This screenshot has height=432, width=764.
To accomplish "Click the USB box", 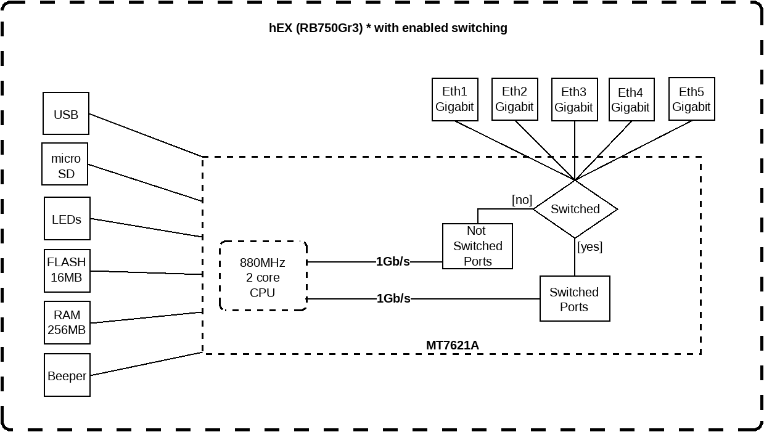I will click(x=66, y=114).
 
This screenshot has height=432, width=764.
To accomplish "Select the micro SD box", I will click(x=65, y=165).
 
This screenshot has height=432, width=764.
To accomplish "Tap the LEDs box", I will click(x=67, y=219).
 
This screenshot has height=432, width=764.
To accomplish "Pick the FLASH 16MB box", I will click(x=67, y=270).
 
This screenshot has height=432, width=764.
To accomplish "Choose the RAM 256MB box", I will click(x=67, y=322).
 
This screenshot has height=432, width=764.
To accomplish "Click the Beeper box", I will click(x=67, y=375).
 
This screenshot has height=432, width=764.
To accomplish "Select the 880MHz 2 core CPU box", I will click(x=263, y=275).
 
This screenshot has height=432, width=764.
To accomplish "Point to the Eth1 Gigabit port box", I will click(x=454, y=99).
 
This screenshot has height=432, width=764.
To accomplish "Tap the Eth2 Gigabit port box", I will click(x=514, y=99).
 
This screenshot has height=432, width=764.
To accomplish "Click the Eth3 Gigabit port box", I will click(x=573, y=99).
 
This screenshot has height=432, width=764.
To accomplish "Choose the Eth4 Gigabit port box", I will click(x=630, y=100).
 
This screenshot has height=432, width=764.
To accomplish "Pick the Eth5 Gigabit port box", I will click(x=691, y=99).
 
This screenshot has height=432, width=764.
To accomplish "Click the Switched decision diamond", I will click(x=575, y=210).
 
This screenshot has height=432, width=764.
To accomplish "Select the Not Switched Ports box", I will click(x=477, y=246).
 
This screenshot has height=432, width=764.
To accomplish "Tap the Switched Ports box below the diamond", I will click(x=574, y=299).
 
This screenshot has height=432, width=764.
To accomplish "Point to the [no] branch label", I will click(x=522, y=200).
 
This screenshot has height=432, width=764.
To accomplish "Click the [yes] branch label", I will click(x=589, y=247).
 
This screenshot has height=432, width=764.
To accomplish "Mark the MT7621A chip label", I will click(x=453, y=345).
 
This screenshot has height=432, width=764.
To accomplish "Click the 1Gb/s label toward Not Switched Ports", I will click(x=393, y=261).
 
